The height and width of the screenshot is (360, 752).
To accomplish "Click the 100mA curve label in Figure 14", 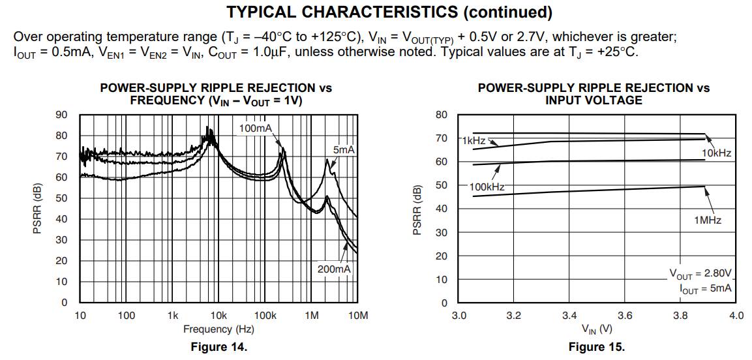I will click(x=255, y=128).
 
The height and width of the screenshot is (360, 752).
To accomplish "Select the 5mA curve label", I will click(x=344, y=150).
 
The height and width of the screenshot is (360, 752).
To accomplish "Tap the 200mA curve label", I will click(x=333, y=269).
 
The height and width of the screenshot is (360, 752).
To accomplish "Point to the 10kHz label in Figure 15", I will click(x=716, y=153).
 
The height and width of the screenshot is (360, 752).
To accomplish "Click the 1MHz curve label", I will click(x=708, y=220).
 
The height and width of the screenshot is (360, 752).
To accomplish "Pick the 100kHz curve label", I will click(x=487, y=187).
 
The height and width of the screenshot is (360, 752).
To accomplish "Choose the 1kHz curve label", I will click(x=474, y=140).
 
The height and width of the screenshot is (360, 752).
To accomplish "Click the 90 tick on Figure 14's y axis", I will click(x=61, y=115).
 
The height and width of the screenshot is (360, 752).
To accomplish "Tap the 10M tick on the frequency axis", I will click(x=357, y=316).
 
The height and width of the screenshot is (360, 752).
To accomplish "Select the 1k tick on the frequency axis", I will click(x=172, y=316).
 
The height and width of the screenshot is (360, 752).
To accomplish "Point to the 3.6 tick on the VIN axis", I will click(x=625, y=316).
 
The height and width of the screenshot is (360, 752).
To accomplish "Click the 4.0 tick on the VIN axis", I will click(x=736, y=316).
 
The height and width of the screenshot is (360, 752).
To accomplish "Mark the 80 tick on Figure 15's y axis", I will click(x=442, y=115).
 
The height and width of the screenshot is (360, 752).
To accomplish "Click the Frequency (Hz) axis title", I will click(x=218, y=329).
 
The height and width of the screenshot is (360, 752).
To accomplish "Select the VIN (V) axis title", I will click(x=596, y=329).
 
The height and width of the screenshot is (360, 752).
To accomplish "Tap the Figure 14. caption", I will click(x=218, y=347).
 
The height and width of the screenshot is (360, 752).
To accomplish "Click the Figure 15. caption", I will click(x=596, y=347).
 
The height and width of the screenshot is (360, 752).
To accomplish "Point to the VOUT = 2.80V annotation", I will click(x=700, y=273).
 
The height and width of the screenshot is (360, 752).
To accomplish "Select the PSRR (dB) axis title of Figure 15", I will click(x=418, y=209).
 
